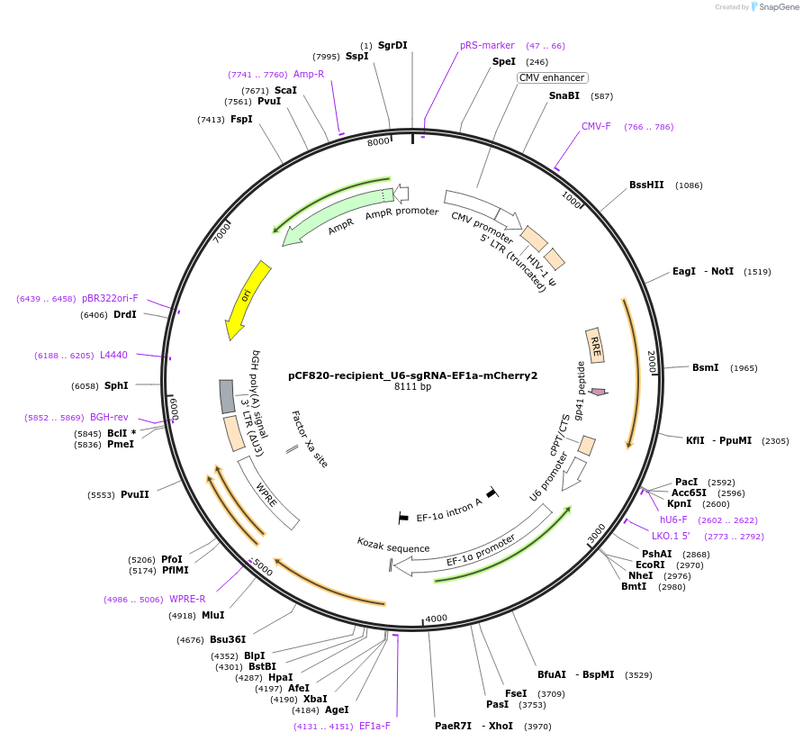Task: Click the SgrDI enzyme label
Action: click(392, 45)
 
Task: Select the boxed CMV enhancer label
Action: click(552, 77)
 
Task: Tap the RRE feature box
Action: click(595, 346)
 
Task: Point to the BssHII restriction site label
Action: click(646, 185)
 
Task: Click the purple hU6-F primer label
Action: click(673, 520)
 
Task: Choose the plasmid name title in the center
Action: click(412, 375)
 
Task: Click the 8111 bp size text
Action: click(412, 387)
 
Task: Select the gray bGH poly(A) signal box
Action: click(228, 396)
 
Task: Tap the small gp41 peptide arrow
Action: click(598, 392)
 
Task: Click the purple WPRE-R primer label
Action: click(187, 599)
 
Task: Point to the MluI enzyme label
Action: click(213, 616)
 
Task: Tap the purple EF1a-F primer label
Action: click(374, 726)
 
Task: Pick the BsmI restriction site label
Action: click(706, 367)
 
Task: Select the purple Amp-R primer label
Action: click(309, 74)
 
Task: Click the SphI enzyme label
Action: click(116, 385)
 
